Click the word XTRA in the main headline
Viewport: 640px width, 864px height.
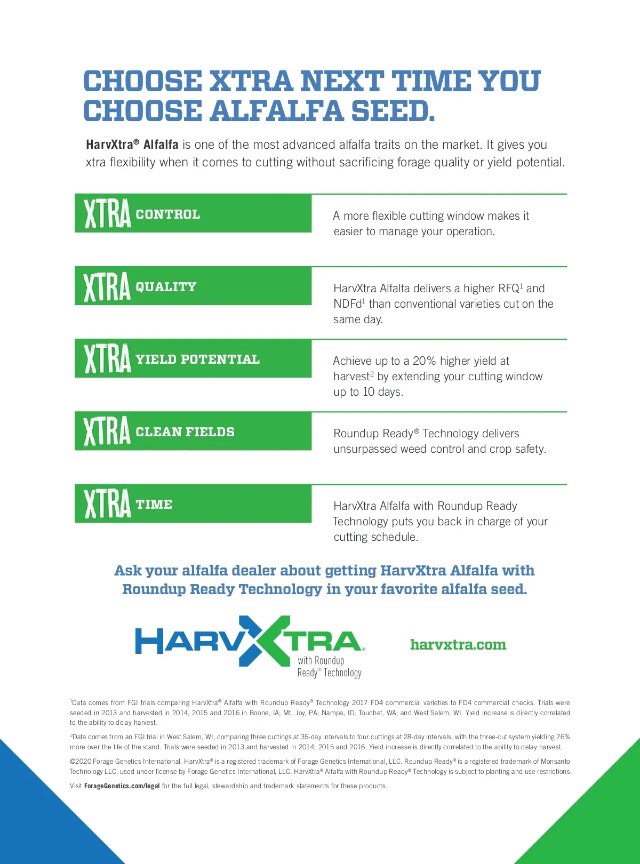tap(251, 81)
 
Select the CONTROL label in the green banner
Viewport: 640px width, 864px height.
tap(168, 214)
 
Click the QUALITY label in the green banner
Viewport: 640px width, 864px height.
tap(166, 287)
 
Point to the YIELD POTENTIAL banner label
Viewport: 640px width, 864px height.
tap(197, 359)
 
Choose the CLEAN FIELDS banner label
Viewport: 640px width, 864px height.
tap(185, 432)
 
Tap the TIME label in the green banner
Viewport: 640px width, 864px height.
tap(154, 505)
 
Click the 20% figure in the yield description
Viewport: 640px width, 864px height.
tap(425, 361)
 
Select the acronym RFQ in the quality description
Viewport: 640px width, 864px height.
tap(508, 289)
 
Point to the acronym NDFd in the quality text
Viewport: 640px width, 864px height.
tap(347, 304)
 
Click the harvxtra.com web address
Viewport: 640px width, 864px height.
tap(458, 645)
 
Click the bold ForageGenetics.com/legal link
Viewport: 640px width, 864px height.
tap(122, 786)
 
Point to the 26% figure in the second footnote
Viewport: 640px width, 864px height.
tap(563, 737)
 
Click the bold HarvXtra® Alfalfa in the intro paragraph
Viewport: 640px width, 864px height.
tap(132, 145)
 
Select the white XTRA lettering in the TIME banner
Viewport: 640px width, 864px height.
tap(107, 504)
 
